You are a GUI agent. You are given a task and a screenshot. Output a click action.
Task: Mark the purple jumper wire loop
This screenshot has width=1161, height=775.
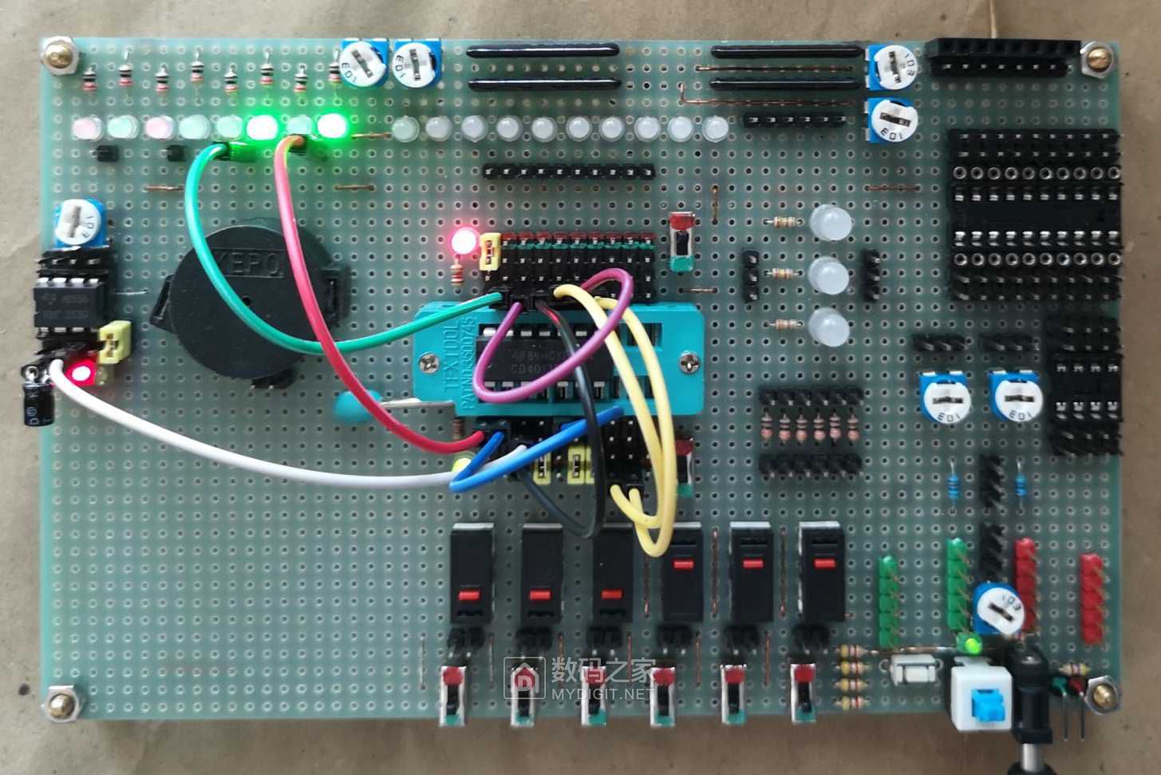pos(551,335)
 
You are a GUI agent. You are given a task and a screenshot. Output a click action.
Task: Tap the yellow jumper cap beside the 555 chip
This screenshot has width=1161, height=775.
pos(117,342)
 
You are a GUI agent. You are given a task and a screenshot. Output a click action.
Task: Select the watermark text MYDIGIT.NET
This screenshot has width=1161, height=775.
pos(602,693)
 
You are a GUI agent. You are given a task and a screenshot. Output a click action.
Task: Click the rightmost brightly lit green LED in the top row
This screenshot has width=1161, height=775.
pos(331,125)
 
